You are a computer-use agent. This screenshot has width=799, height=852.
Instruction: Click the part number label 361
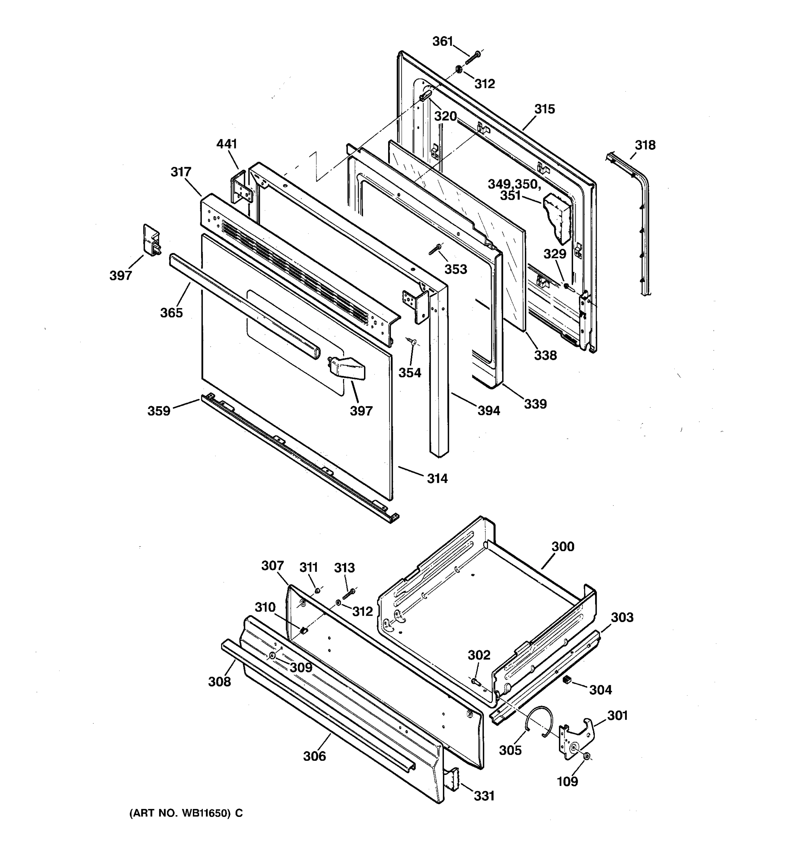tap(442, 41)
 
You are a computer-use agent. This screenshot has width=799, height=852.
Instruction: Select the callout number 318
tap(645, 145)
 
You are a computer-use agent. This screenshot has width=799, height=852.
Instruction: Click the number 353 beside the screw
tap(455, 269)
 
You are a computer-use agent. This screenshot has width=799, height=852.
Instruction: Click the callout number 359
tap(159, 411)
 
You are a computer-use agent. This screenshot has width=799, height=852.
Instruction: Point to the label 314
tap(437, 478)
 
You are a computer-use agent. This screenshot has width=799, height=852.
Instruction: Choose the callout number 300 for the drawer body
tap(562, 546)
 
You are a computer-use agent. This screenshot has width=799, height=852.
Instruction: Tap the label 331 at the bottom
tap(484, 796)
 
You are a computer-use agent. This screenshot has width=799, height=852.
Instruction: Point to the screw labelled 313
tap(348, 594)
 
